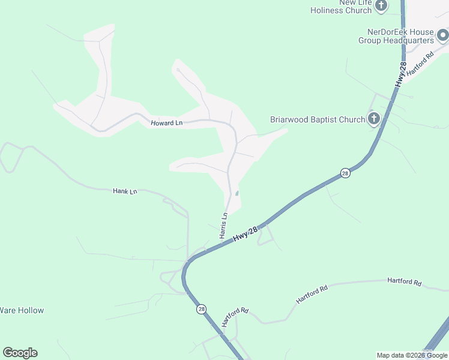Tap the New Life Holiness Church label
341,7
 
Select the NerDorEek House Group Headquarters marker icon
442,36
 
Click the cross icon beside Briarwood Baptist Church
374,119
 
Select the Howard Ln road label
166,123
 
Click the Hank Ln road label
125,191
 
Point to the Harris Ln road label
223,225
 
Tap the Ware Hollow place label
22,310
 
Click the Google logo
20,353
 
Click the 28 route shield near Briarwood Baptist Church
345,173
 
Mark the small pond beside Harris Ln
238,193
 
